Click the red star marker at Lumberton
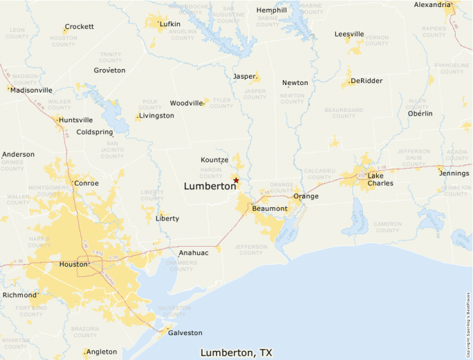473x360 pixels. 236,180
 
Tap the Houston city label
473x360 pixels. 73,264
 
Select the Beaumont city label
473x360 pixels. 270,208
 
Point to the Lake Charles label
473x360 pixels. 380,179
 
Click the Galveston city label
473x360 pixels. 185,332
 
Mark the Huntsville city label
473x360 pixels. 76,120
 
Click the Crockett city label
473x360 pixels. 79,27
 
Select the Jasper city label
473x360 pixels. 244,76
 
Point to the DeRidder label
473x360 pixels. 367,81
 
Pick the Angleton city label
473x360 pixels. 102,352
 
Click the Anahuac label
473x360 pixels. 194,253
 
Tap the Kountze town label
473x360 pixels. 214,160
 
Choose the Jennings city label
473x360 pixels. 454,173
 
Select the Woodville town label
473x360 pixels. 187,103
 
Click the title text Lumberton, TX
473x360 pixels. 236,352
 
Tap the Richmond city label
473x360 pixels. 19,294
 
